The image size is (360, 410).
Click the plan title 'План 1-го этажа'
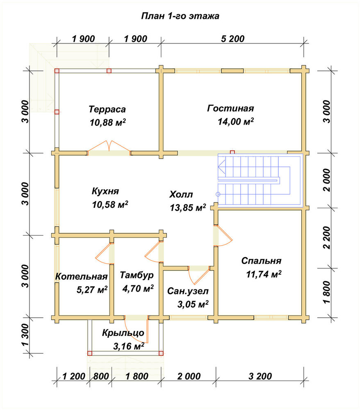(180, 16)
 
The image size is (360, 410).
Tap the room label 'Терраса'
(107, 109)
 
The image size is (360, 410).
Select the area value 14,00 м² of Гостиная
(236, 122)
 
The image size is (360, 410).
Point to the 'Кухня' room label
(105, 191)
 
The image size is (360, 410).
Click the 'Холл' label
(181, 194)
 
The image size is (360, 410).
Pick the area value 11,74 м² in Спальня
(264, 274)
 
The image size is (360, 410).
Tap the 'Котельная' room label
(82, 276)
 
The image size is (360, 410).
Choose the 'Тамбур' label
(137, 275)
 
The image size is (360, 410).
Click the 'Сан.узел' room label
(188, 291)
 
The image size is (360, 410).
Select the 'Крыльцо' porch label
(123, 333)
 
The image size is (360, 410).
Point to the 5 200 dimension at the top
(232, 39)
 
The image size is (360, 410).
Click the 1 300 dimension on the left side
(25, 335)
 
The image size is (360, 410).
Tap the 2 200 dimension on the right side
(326, 238)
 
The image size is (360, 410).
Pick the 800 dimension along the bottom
(101, 376)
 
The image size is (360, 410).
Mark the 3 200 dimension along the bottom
(260, 376)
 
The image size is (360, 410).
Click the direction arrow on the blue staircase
(221, 167)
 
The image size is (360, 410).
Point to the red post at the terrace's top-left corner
(57, 71)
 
